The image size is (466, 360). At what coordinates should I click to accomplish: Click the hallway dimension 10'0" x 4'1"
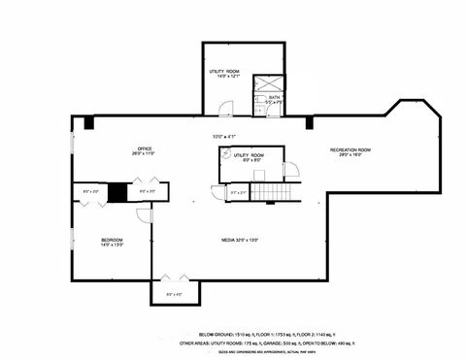click(x=225, y=136)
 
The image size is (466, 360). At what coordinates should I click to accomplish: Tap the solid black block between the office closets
click(x=116, y=192)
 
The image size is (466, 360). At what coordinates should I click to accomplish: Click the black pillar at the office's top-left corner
click(x=88, y=122)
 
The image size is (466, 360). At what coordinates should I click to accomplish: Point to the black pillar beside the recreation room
click(x=310, y=122)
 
